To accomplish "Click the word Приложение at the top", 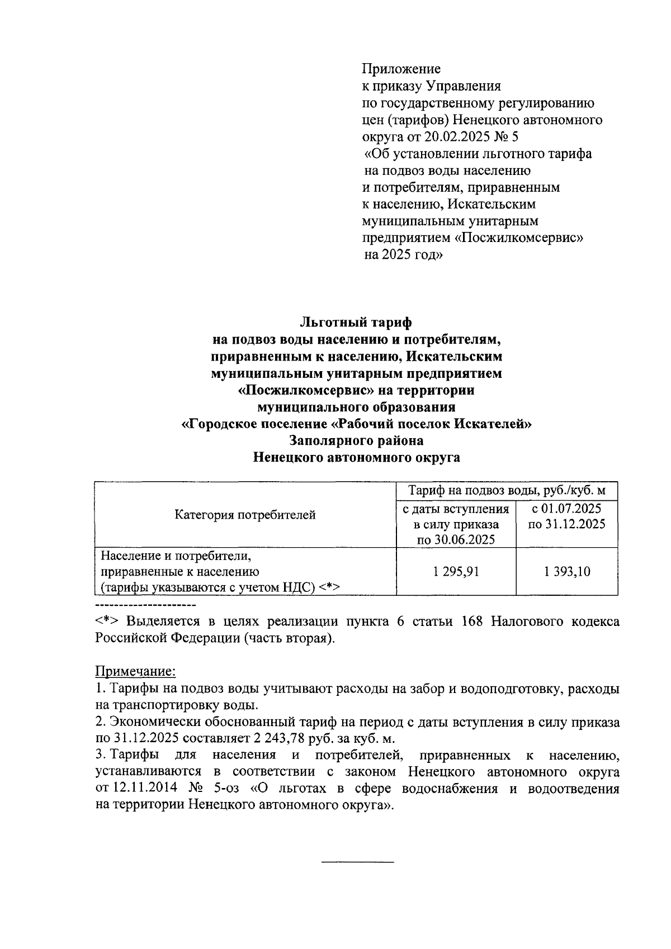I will pyautogui.click(x=401, y=69).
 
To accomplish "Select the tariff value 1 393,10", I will pyautogui.click(x=566, y=572).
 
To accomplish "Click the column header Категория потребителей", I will pyautogui.click(x=245, y=515).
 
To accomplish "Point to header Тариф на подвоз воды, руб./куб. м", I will pyautogui.click(x=507, y=491).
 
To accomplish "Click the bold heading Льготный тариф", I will pyautogui.click(x=356, y=322).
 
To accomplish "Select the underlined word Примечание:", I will pyautogui.click(x=135, y=671).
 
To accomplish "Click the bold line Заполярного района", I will pyautogui.click(x=356, y=440).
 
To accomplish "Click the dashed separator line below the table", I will pyautogui.click(x=145, y=605).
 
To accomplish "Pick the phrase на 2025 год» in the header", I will pyautogui.click(x=403, y=255).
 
